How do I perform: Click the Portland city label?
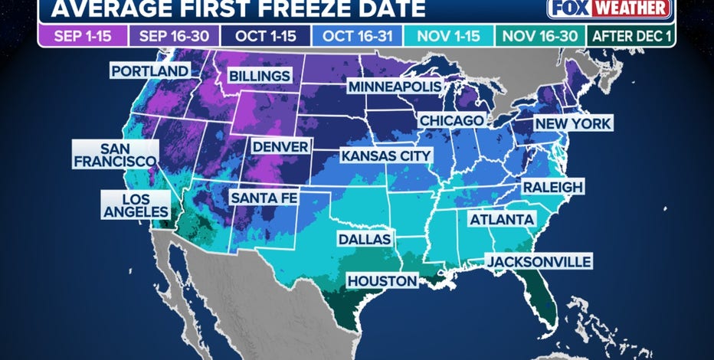tap(150, 71)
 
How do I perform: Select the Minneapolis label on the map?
tap(395, 87)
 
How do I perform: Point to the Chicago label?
tap(451, 121)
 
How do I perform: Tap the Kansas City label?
tap(387, 156)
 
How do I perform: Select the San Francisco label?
tap(115, 155)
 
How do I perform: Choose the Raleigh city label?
tap(553, 187)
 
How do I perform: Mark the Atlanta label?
tap(502, 220)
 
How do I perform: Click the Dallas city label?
tap(365, 239)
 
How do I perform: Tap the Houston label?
tap(382, 281)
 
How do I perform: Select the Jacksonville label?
tap(538, 262)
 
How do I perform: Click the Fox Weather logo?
tap(609, 9)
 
